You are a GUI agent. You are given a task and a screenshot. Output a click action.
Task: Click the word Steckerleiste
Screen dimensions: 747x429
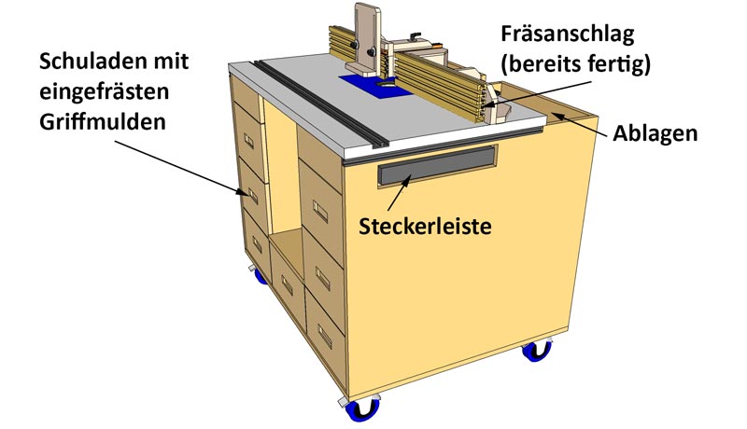425,227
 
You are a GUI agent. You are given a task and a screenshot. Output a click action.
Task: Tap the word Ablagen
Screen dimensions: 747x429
655,134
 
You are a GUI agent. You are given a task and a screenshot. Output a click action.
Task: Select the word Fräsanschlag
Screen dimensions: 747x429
568,35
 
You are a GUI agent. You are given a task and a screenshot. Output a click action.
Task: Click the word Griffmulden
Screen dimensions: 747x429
103,123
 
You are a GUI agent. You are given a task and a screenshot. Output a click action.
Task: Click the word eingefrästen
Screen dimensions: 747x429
104,92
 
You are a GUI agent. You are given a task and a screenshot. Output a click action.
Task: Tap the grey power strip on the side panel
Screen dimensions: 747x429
437,165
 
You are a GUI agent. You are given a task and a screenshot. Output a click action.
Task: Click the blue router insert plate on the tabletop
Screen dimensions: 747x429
375,86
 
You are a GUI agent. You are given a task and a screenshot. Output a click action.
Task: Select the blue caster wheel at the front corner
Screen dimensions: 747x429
362,409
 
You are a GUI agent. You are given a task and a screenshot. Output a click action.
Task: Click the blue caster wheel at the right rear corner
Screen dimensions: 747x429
537,351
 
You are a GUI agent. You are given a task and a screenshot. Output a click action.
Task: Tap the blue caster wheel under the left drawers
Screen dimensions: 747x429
260,276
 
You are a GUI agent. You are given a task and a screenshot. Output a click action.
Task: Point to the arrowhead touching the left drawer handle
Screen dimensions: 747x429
243,192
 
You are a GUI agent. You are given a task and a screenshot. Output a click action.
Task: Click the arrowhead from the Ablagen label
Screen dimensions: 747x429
557,116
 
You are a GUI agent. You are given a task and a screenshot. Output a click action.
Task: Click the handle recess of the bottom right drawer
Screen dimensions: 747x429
325,336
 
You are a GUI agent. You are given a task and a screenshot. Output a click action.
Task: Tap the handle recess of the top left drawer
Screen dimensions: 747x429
248,141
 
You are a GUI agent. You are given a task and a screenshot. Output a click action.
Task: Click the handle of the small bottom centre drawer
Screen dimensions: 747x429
287,284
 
